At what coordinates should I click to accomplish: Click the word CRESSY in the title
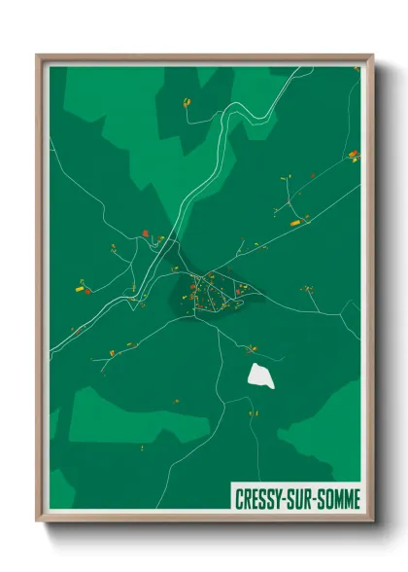[x=260, y=499]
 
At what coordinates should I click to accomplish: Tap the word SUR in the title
[x=305, y=499]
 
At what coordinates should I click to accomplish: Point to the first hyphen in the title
[x=289, y=500]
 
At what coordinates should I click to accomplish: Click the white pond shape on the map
[x=261, y=375]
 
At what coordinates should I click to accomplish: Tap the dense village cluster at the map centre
[x=208, y=294]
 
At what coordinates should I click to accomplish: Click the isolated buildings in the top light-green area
[x=186, y=101]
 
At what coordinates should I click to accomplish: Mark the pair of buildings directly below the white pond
[x=255, y=411]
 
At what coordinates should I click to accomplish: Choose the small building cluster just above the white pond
[x=252, y=347]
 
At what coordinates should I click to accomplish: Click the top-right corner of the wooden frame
[x=371, y=56]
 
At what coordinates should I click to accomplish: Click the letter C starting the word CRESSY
[x=240, y=499]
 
